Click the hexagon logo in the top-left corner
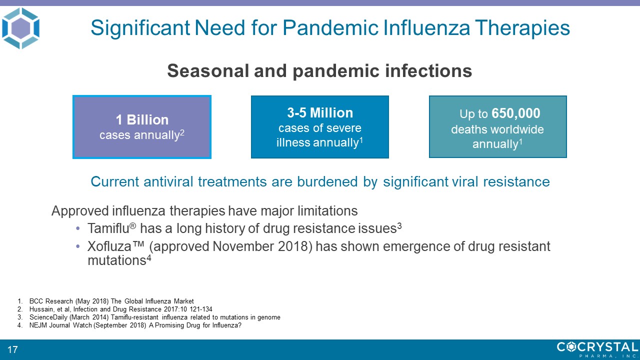[x=20, y=28]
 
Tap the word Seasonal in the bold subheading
[x=208, y=71]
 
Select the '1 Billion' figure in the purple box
[x=142, y=119]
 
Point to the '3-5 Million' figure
[x=320, y=113]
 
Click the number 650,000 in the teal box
[x=515, y=113]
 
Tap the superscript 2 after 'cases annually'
[x=182, y=132]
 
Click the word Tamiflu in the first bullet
[x=108, y=228]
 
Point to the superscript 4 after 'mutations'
[x=148, y=257]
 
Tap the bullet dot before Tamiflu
[x=77, y=228]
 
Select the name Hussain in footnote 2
[x=41, y=309]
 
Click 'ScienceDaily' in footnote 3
[x=44, y=317]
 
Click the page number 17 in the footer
[x=12, y=349]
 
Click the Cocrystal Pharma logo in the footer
[x=597, y=349]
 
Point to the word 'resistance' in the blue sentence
[x=516, y=181]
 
